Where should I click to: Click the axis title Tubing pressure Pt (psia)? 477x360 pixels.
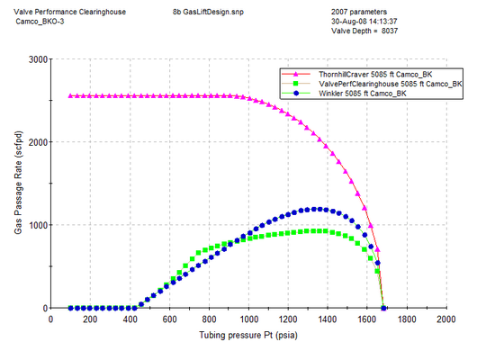(x=256, y=335)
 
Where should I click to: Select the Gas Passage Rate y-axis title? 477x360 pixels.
(x=18, y=184)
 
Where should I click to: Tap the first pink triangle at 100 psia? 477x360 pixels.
(x=71, y=96)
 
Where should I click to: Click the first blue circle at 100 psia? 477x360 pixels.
(x=71, y=308)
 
